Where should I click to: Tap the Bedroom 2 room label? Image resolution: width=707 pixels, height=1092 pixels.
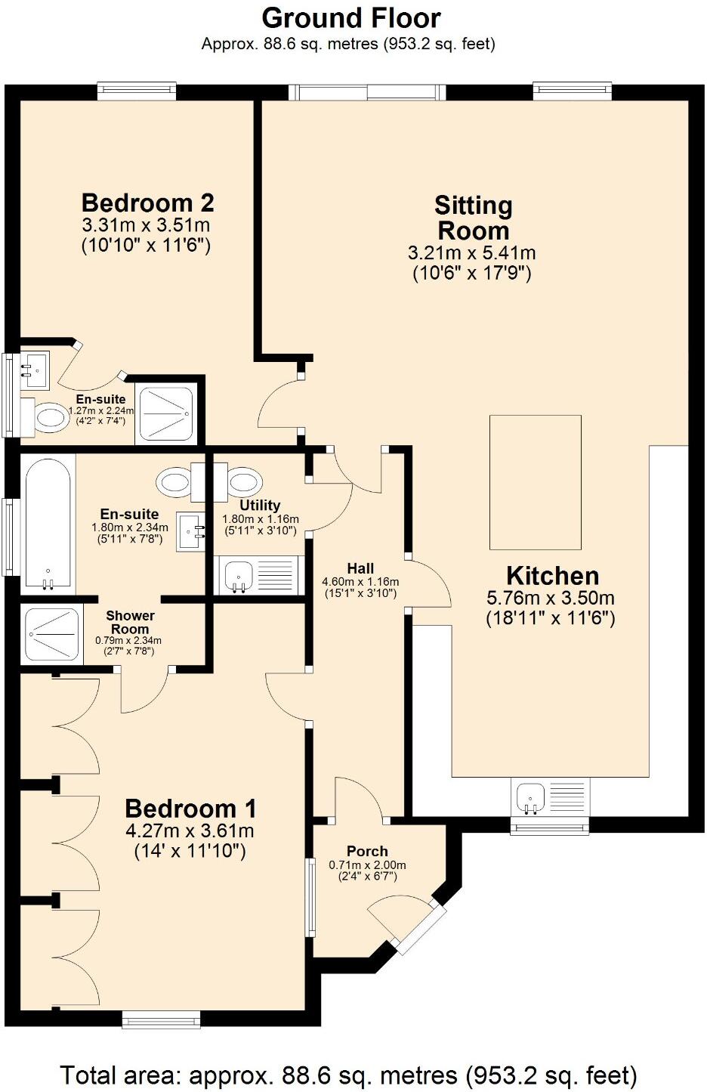pos(147,203)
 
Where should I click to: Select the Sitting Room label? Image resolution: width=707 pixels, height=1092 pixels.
pos(473,218)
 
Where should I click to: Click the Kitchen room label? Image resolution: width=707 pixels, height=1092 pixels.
pos(552,575)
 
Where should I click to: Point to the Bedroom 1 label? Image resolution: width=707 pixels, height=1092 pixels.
pos(190,809)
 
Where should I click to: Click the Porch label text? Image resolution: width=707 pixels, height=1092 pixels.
pos(367,851)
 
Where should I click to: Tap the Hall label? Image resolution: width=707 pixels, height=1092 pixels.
pos(360,568)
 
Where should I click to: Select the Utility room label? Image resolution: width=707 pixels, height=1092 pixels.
pos(260,505)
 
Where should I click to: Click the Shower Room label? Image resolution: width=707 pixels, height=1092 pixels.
pos(130,622)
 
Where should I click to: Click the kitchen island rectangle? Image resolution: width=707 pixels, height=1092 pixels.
pos(535,482)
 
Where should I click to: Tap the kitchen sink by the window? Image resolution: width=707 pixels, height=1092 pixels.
pos(532,798)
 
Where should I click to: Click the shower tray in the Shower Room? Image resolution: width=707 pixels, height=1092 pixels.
pos(51,633)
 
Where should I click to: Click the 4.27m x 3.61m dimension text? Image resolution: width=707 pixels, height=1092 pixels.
pos(190,831)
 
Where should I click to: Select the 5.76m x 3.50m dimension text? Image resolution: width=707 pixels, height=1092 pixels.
pos(551,598)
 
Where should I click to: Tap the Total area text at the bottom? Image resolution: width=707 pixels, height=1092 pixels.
pos(348,1074)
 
